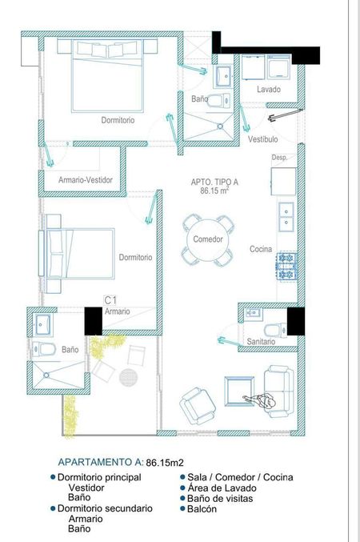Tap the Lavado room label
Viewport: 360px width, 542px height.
269,89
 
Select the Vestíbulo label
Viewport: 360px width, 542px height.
263,139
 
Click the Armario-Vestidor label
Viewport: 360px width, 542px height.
86,180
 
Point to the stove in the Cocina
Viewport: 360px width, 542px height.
286,266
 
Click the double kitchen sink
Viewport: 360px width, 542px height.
286,217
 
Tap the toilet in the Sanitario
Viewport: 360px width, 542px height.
275,330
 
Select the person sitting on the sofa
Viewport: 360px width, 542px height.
261,401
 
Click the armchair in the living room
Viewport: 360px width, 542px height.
198,406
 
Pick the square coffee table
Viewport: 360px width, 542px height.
239,391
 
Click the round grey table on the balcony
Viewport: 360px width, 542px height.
128,377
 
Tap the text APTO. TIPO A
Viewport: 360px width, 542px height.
214,183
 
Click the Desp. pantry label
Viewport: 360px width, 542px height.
279,158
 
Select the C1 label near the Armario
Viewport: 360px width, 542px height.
110,300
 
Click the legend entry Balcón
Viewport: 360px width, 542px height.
202,509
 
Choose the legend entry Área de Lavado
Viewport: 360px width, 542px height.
222,488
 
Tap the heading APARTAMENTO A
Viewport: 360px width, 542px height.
100,462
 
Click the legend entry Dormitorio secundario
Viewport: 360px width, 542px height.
105,508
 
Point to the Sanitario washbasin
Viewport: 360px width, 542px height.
254,313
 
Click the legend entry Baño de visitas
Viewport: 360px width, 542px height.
220,499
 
